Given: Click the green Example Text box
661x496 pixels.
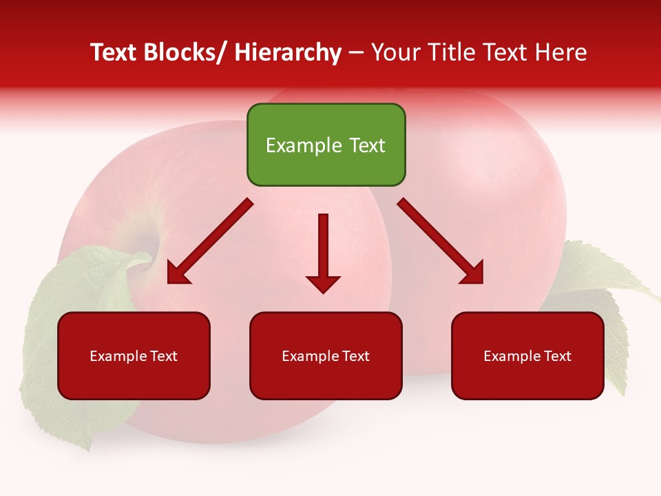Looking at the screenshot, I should [x=326, y=145].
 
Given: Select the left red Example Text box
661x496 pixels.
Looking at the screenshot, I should [x=134, y=355].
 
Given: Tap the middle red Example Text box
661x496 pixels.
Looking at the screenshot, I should [x=326, y=355].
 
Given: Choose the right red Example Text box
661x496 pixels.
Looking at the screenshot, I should [x=527, y=355].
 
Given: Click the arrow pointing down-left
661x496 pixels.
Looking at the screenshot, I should [x=209, y=241].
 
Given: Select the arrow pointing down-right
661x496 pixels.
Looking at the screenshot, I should [x=440, y=241].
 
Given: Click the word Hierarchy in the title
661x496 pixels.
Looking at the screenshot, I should [x=288, y=52].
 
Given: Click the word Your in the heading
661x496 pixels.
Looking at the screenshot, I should [x=395, y=52].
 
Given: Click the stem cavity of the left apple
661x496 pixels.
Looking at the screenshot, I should [x=148, y=248].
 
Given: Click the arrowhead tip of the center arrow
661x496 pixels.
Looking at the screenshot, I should [x=323, y=292].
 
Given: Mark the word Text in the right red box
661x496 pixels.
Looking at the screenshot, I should [x=557, y=355].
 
